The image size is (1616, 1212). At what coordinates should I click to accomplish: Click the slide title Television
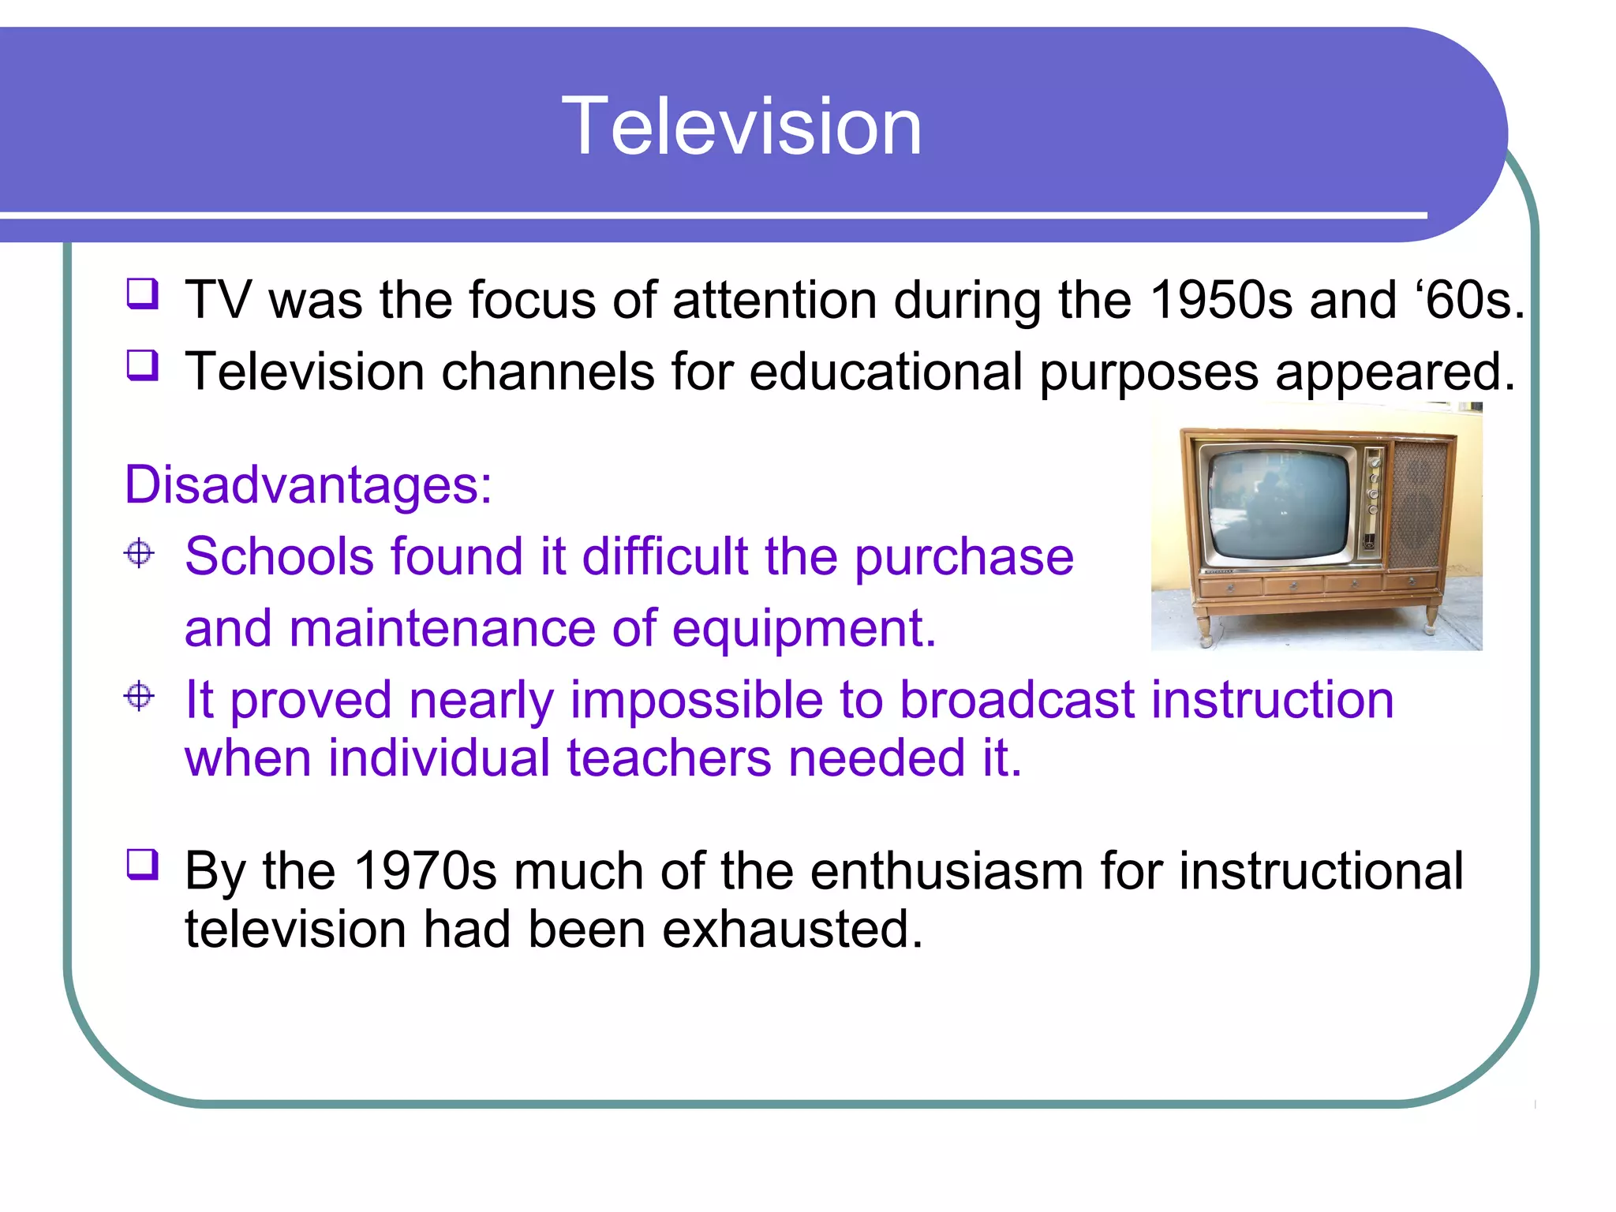click(742, 126)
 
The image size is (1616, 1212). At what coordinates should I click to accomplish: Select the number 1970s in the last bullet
click(425, 871)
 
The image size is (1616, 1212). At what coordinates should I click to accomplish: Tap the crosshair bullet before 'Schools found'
click(140, 552)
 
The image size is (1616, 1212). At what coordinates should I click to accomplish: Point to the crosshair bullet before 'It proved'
click(140, 696)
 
